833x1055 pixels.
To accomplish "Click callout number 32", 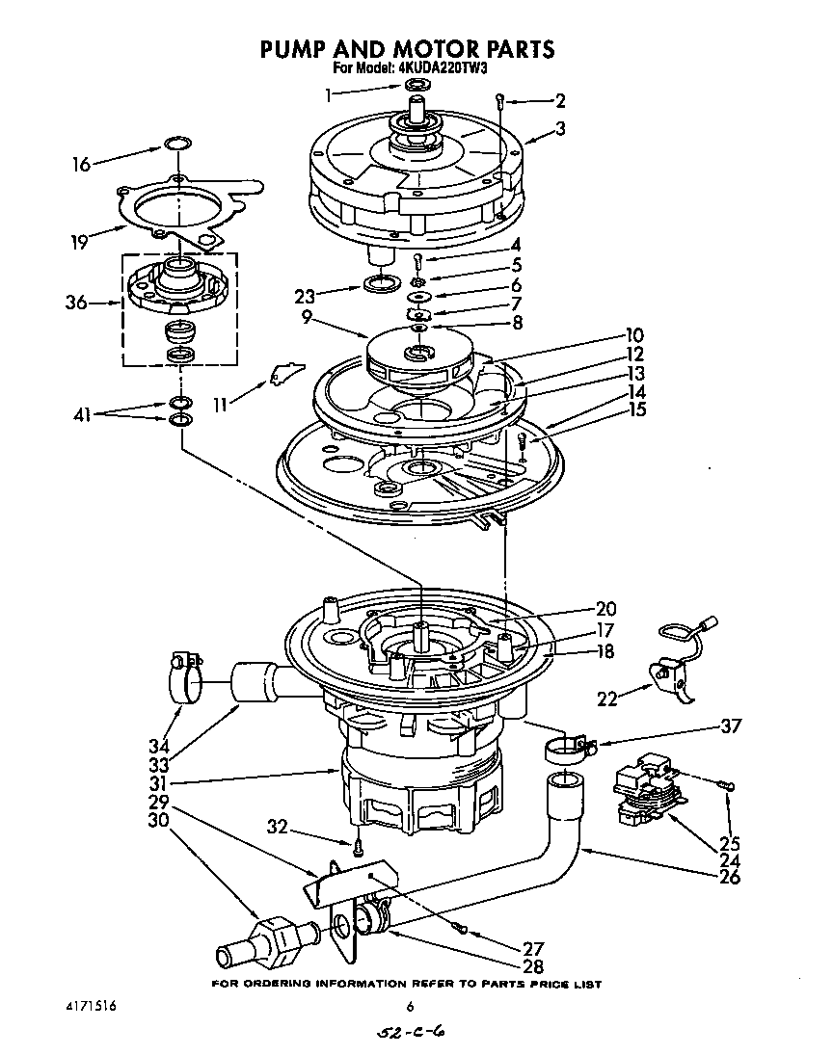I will point(277,827).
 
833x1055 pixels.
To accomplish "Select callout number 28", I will point(531,966).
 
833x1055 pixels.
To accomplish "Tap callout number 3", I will point(559,128).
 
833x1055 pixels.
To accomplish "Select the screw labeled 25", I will point(729,787).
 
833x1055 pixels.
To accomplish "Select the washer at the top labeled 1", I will point(416,88).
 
